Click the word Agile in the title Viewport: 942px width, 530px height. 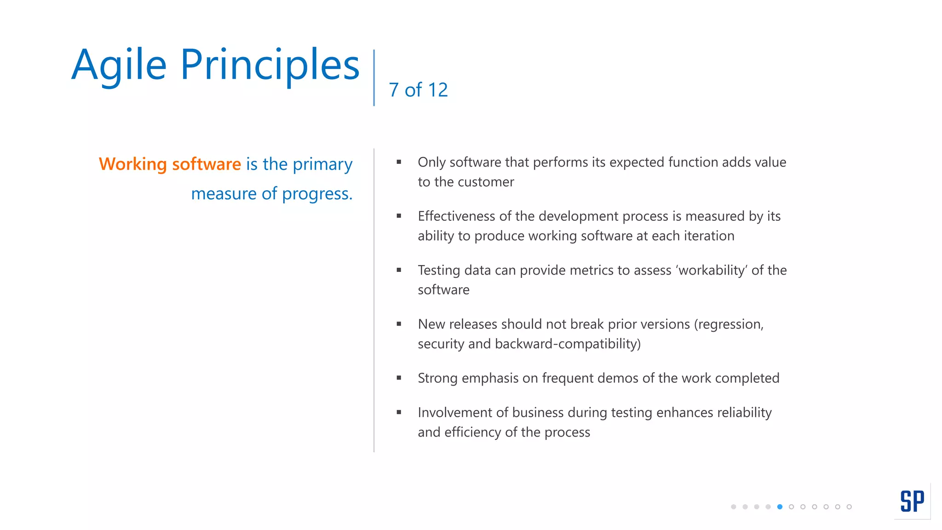coord(119,65)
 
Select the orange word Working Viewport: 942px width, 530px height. coord(132,164)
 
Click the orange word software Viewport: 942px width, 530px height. coord(207,164)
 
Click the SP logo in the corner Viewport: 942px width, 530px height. coord(912,501)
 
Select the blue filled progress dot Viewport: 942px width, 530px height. coord(780,507)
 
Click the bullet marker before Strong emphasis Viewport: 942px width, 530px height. coord(399,378)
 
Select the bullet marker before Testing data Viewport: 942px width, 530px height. coord(399,270)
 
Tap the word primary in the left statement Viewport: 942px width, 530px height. coord(322,164)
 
